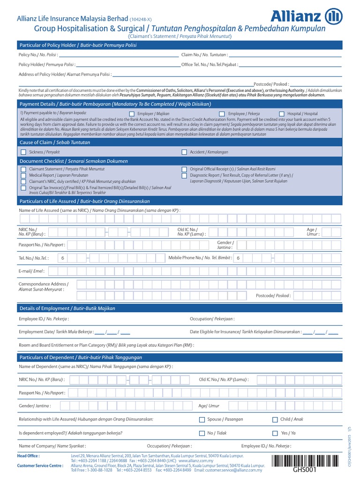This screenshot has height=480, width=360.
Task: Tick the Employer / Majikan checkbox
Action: pos(131,114)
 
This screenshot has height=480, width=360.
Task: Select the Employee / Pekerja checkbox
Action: pos(221,114)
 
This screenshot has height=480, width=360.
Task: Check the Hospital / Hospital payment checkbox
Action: pos(281,114)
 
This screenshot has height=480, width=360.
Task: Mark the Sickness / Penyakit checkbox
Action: pos(23,152)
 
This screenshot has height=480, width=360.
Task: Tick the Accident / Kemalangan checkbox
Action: pos(184,152)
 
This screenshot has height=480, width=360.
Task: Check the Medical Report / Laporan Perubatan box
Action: pos(23,175)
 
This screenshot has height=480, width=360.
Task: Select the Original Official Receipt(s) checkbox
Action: pos(184,169)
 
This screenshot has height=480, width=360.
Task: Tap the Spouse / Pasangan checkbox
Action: pos(202,420)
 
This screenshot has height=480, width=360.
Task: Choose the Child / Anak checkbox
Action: pos(275,420)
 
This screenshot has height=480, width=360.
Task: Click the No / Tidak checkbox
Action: pos(202,433)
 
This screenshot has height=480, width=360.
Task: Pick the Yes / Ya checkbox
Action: pos(275,433)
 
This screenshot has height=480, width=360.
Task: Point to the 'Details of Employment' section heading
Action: pos(67,308)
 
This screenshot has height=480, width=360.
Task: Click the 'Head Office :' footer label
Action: pos(28,455)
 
